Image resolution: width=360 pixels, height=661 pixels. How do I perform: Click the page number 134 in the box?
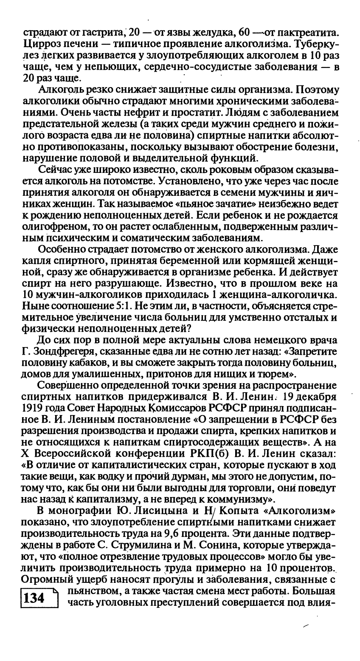(35, 598)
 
